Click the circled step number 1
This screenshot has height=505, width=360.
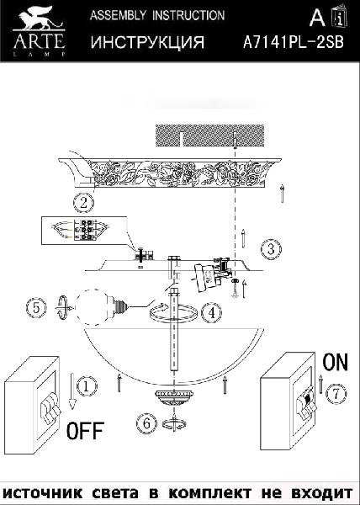click(x=86, y=386)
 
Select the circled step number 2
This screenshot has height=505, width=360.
click(x=83, y=203)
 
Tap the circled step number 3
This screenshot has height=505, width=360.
click(x=271, y=249)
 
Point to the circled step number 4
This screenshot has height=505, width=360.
click(x=211, y=313)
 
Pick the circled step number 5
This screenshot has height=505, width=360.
click(x=36, y=308)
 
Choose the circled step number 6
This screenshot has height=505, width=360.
click(x=146, y=423)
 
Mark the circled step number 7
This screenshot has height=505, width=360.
click(x=336, y=394)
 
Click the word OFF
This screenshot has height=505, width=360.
click(x=85, y=430)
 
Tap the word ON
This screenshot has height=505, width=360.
click(x=336, y=361)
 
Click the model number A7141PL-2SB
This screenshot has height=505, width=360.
click(x=293, y=42)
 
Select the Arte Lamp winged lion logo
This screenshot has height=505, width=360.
click(x=39, y=31)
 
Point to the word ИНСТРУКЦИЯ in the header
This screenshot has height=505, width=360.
click(x=147, y=42)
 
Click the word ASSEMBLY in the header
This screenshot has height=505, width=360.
click(x=118, y=15)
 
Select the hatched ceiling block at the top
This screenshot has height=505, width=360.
click(x=209, y=136)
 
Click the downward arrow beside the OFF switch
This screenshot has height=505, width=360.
click(x=72, y=391)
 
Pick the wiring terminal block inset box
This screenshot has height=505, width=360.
click(x=84, y=231)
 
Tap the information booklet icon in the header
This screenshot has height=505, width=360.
click(x=340, y=17)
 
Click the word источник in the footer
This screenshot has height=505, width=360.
click(x=42, y=492)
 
